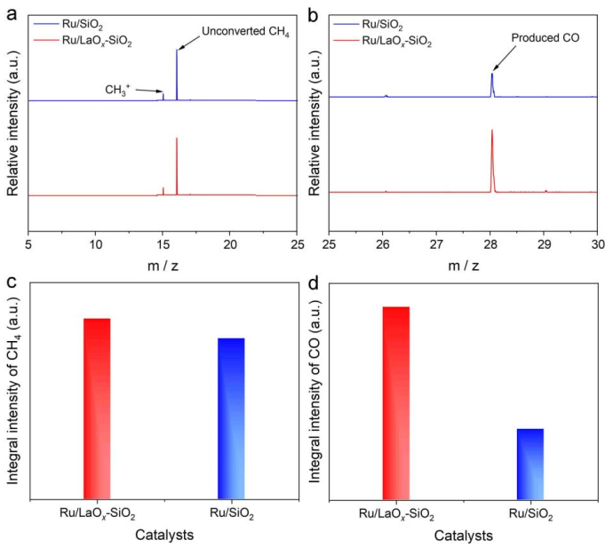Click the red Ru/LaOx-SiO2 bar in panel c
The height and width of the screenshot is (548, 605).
(x=97, y=408)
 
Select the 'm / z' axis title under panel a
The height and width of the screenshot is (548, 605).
(x=164, y=266)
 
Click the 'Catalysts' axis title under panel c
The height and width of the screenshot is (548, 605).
(x=163, y=535)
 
